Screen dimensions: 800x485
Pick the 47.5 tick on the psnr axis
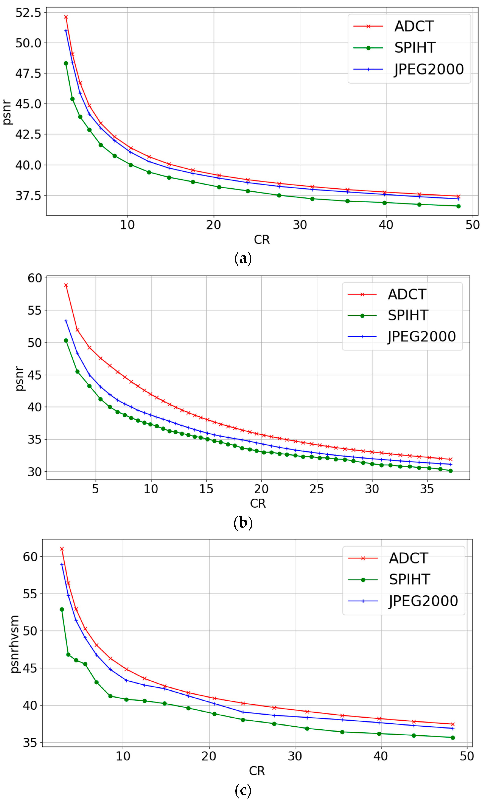[29, 73]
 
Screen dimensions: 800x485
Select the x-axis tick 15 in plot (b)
[206, 489]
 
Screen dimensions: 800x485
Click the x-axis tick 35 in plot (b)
[427, 489]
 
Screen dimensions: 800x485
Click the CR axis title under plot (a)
[262, 240]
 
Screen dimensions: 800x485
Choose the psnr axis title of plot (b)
[19, 379]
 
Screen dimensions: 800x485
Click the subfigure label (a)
[243, 259]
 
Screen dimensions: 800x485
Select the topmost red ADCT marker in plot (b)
[66, 285]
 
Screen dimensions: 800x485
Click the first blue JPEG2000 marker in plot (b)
[66, 321]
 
